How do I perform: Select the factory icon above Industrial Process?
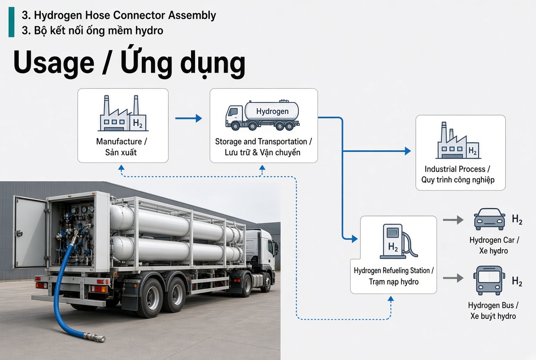pos(458,141)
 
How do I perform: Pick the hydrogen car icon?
pos(490,219)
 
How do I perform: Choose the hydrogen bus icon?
pos(489,280)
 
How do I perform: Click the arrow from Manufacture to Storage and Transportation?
pos(188,118)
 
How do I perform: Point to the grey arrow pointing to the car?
pos(453,219)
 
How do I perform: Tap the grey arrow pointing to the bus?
pos(453,278)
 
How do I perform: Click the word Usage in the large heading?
pos(54,63)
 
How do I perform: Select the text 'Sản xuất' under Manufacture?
pos(121,152)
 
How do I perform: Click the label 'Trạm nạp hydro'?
pos(393,281)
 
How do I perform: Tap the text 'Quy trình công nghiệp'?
pos(458,180)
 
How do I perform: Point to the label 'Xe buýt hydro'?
pos(493,316)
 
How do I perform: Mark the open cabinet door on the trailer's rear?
pos(30,232)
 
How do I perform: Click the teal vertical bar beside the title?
pos(11,22)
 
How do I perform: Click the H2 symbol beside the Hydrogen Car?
pos(517,219)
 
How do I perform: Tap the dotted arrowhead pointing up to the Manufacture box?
pos(121,168)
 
